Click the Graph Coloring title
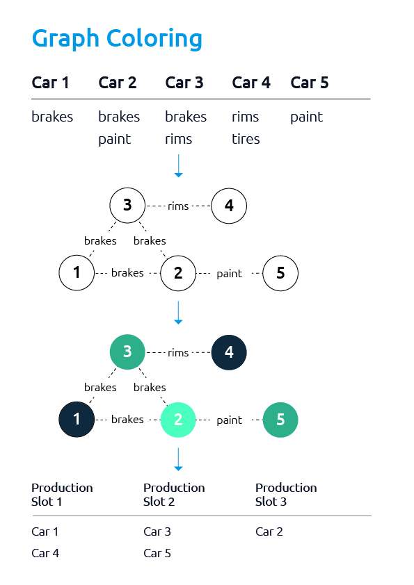click(117, 39)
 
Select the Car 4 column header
click(251, 83)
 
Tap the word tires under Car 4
click(246, 139)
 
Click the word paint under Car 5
click(306, 117)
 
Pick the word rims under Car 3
click(179, 139)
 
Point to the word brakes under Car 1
click(52, 117)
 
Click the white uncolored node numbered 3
click(127, 206)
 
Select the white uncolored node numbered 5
click(280, 273)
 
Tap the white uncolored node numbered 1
click(77, 273)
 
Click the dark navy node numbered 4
click(229, 352)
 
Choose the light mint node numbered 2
click(178, 420)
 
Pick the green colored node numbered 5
click(280, 420)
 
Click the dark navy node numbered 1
click(77, 420)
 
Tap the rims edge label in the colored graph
click(178, 353)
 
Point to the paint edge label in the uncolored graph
click(230, 274)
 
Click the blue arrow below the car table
click(179, 165)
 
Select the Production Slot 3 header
click(286, 495)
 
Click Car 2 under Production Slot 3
click(269, 532)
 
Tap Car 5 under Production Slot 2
click(157, 553)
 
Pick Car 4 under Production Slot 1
click(45, 553)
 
